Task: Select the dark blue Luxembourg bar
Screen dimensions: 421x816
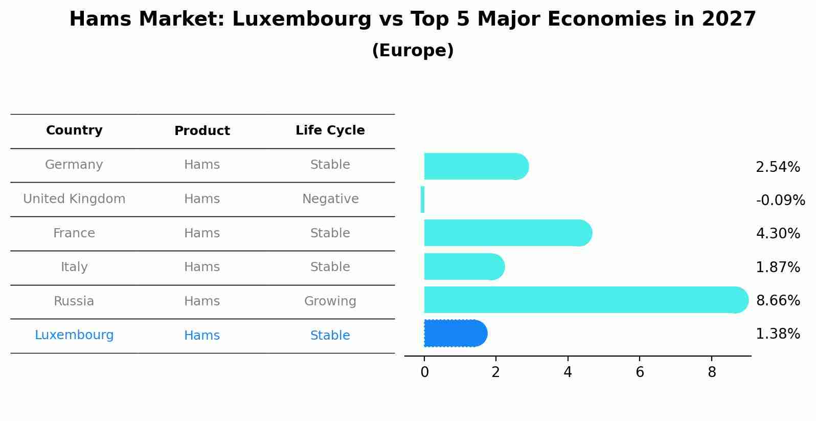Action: pos(455,334)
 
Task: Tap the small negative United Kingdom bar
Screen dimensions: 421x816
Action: pos(422,200)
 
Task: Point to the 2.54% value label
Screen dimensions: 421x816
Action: pos(778,167)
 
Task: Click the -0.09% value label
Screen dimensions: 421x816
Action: pos(780,200)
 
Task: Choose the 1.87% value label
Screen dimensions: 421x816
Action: pos(778,267)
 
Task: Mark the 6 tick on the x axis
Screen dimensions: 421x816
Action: pos(640,372)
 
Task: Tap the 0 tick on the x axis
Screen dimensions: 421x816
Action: pos(424,372)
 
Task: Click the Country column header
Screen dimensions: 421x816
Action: pos(74,130)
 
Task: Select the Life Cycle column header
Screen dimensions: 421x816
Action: pos(330,130)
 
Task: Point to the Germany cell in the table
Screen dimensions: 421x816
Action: pos(74,165)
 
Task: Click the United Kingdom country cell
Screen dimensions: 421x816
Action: pos(74,199)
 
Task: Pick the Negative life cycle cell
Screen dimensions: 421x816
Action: pos(330,199)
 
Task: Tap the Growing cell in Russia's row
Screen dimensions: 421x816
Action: pos(330,301)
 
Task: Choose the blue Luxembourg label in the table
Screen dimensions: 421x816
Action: pos(74,335)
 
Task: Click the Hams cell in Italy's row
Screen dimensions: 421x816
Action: pos(202,267)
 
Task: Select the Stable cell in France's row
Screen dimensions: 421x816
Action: pos(330,233)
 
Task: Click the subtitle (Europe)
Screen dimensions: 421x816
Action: pos(413,51)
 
